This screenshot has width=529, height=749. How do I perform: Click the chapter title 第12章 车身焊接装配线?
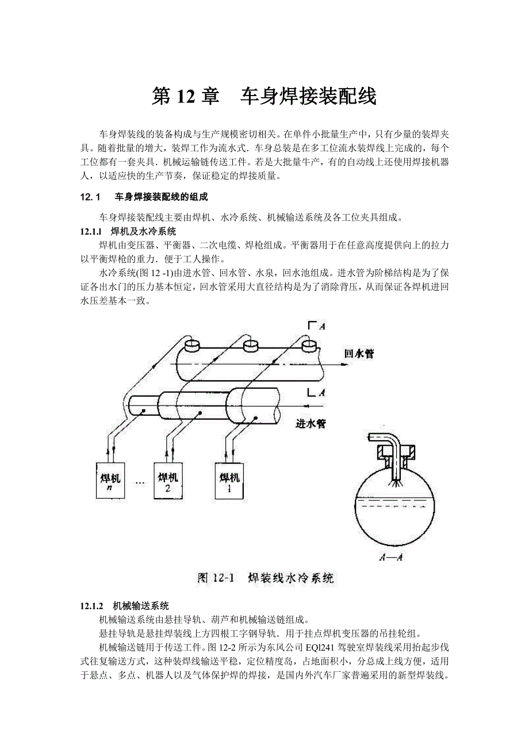[x=264, y=97]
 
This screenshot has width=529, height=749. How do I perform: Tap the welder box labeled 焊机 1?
[x=230, y=480]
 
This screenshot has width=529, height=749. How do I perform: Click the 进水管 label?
[x=310, y=425]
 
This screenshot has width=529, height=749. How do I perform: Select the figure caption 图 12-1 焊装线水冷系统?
[x=265, y=578]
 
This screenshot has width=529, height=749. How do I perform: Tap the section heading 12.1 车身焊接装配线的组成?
[x=144, y=197]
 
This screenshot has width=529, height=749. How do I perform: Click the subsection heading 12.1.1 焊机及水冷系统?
[x=128, y=232]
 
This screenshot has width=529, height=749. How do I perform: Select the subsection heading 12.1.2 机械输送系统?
[x=124, y=606]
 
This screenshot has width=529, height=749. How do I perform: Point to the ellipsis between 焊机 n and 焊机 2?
[x=140, y=482]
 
